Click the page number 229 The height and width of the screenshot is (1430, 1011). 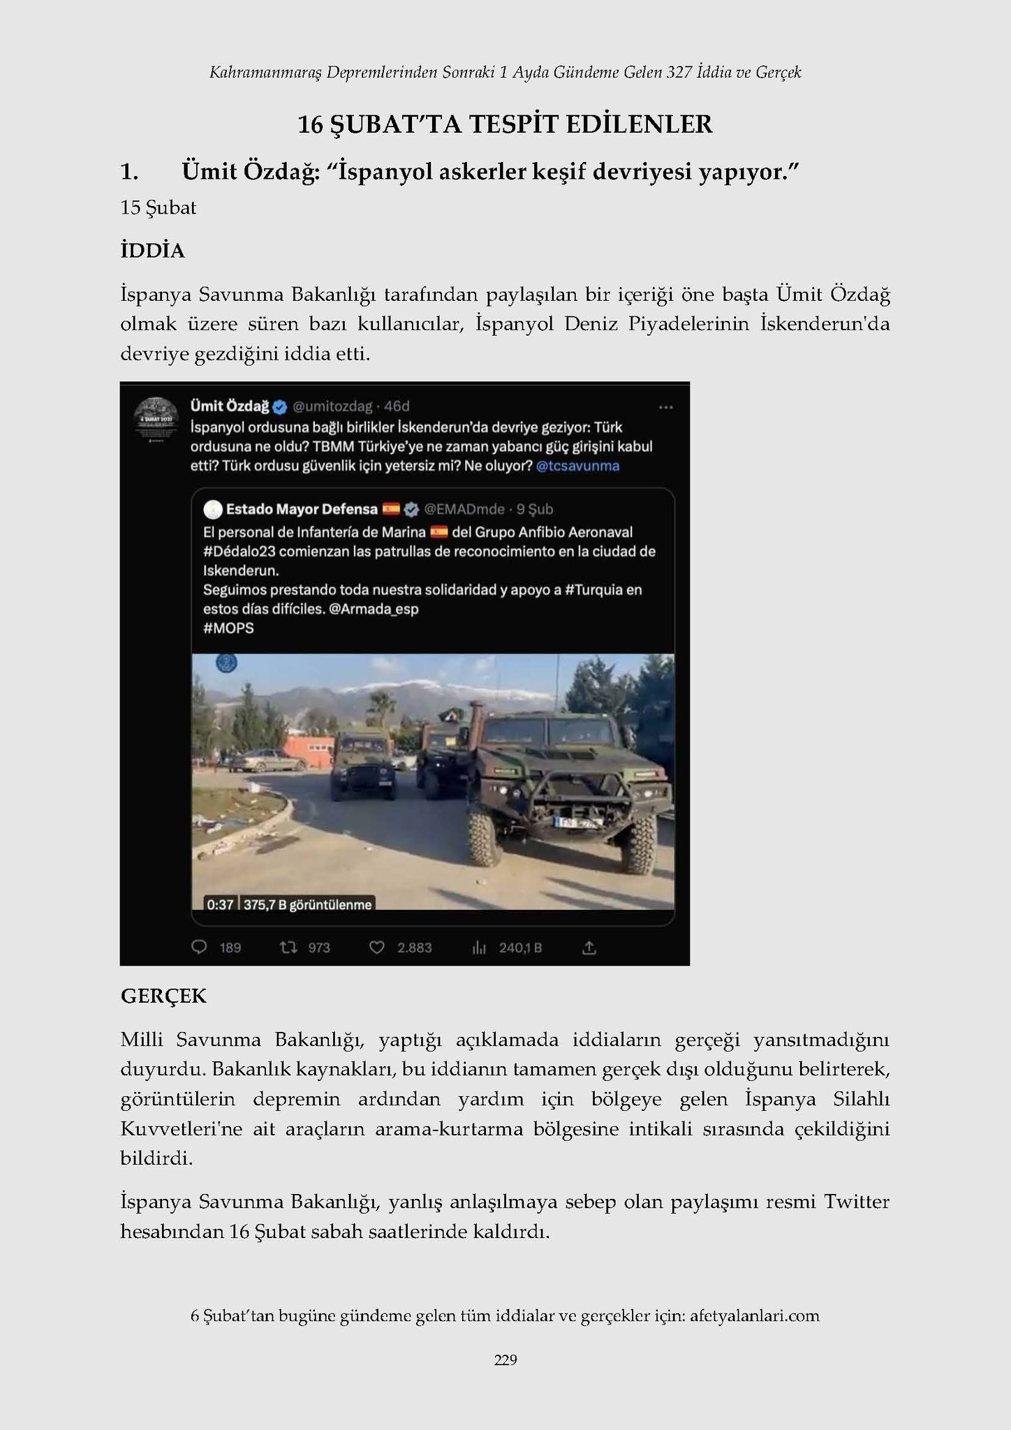point(505,1359)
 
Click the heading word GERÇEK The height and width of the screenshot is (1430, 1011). point(163,996)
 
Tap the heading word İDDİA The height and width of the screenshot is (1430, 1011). point(152,251)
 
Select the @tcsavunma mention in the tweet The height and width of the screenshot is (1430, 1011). point(577,466)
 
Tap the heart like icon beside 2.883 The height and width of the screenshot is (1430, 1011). point(376,948)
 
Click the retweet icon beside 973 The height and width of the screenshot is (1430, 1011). point(288,948)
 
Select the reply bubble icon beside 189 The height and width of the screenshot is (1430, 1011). point(199,948)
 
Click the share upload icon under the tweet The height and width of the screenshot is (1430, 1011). point(589,948)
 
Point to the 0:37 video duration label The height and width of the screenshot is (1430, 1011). point(220,904)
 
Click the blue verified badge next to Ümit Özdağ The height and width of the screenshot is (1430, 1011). point(279,406)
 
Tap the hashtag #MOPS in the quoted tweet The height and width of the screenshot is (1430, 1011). point(228,628)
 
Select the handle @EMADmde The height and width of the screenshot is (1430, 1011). point(464,509)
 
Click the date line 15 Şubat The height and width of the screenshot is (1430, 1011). point(158,208)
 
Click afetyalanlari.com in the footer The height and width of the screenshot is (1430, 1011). point(754,1315)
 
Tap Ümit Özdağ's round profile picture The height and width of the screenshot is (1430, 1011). point(156,419)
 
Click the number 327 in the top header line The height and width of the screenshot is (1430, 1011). point(679,72)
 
